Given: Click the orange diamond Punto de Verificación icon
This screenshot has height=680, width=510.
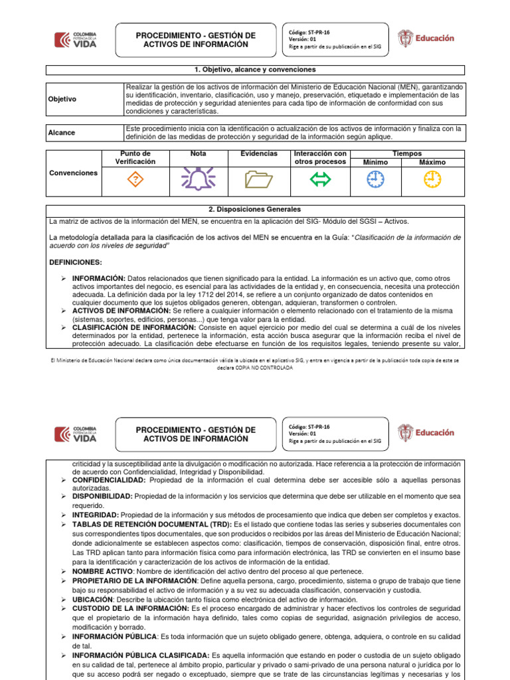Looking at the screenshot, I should pos(135,179).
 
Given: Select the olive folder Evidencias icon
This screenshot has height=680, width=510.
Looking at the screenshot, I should pos(258,179).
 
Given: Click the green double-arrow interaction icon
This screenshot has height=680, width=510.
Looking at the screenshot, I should pos(320,179).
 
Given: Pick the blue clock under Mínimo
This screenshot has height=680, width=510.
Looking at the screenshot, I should pos(376,179).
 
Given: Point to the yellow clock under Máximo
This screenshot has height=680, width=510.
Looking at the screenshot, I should pos(433,179).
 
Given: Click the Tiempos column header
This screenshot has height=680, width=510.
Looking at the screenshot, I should pos(406,153).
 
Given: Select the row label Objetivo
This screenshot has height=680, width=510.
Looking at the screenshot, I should pos(63,99).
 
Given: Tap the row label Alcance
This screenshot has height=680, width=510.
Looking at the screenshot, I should pos(62,132).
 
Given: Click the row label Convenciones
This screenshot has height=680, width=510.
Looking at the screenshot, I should pos(74,173).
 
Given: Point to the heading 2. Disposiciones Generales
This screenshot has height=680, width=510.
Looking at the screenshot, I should pos(255,209).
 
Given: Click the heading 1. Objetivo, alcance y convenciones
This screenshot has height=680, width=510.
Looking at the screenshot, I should pos(255,70).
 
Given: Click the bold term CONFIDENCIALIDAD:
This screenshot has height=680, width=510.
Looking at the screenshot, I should pos(109,479).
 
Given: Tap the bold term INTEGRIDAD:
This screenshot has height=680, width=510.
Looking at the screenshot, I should pos(96,515).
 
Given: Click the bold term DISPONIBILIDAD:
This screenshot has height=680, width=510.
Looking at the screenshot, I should pos(102,496).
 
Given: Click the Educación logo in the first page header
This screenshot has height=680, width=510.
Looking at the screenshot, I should pos(426,39).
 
